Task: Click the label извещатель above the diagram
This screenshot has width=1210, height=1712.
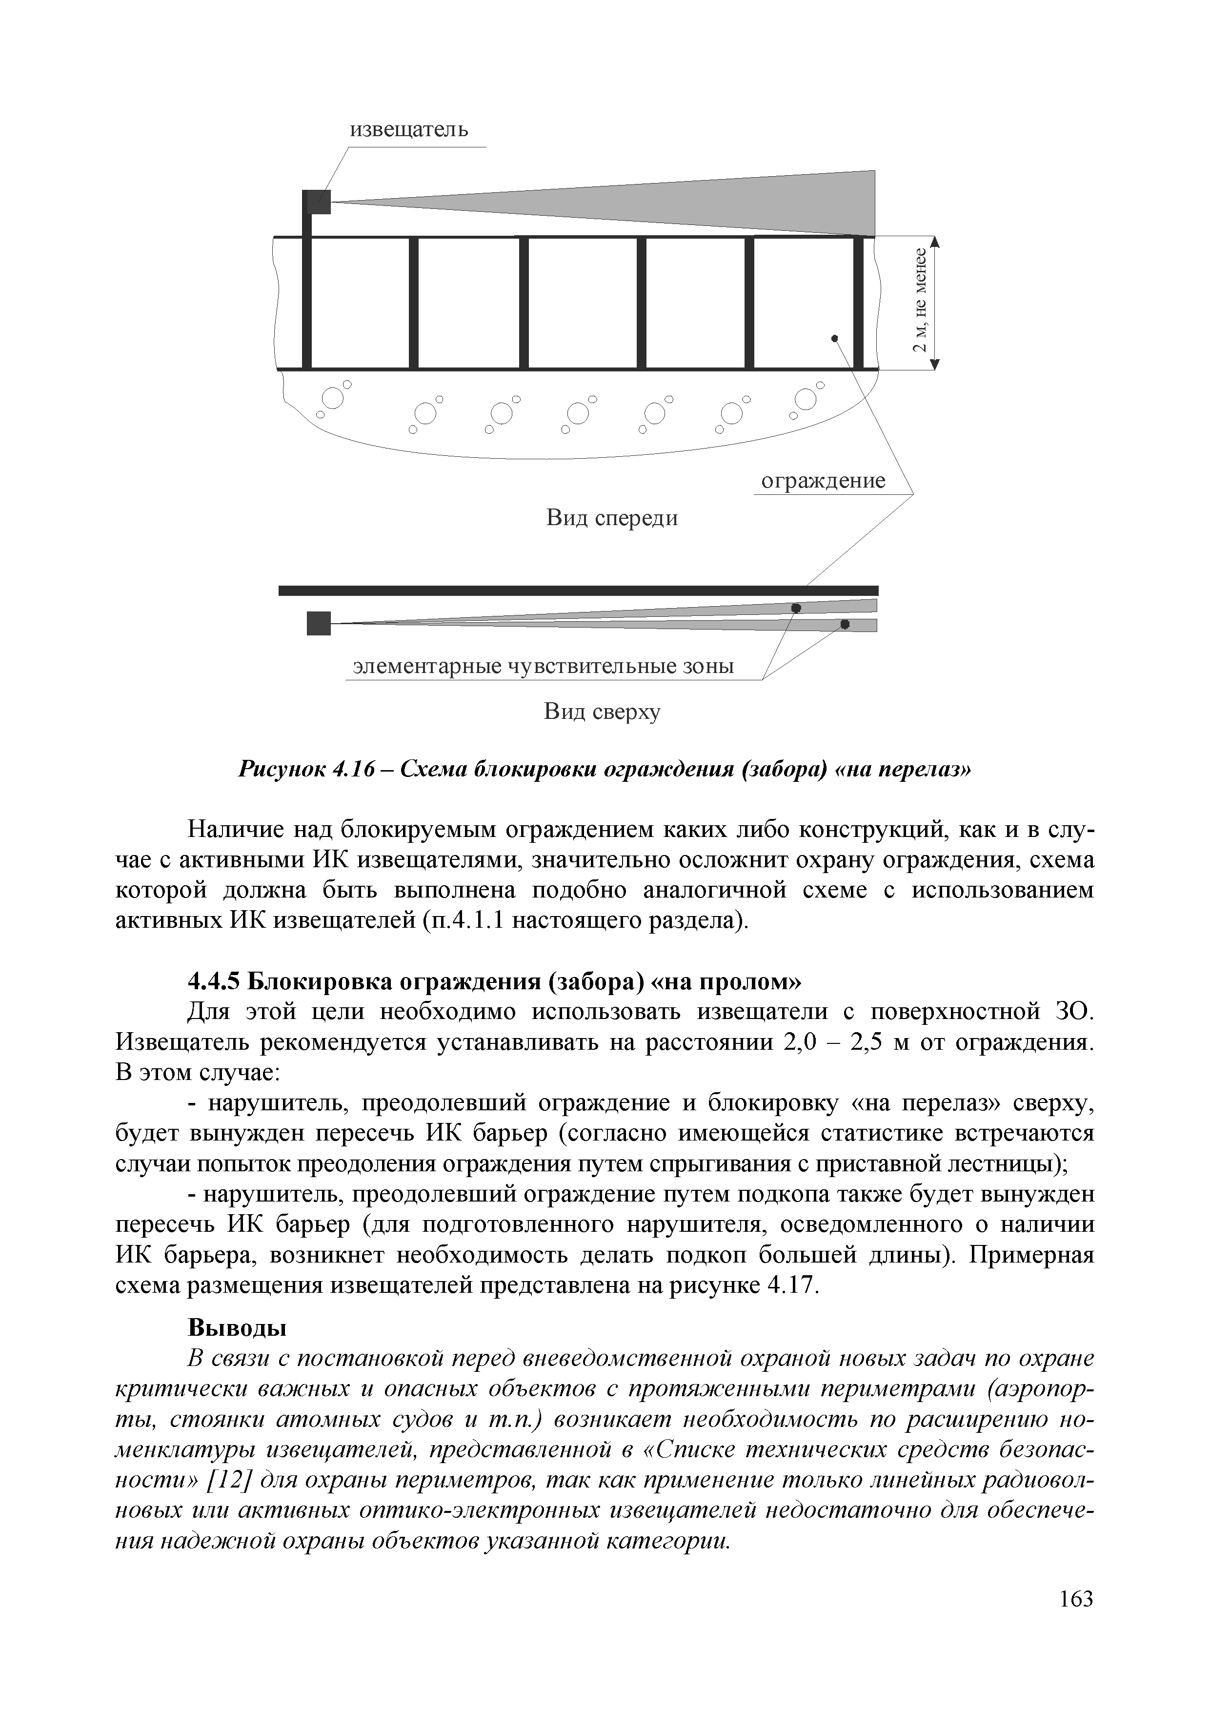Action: click(409, 130)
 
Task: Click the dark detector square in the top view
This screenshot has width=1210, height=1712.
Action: click(318, 623)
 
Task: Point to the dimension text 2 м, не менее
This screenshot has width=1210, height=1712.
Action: click(921, 301)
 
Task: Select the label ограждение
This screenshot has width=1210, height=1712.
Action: click(822, 481)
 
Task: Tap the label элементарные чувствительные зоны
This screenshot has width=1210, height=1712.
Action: click(543, 666)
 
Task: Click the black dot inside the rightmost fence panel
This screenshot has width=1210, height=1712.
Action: click(835, 339)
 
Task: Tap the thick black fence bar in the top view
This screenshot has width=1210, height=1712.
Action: click(578, 591)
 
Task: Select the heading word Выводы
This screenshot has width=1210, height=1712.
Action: click(237, 1328)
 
